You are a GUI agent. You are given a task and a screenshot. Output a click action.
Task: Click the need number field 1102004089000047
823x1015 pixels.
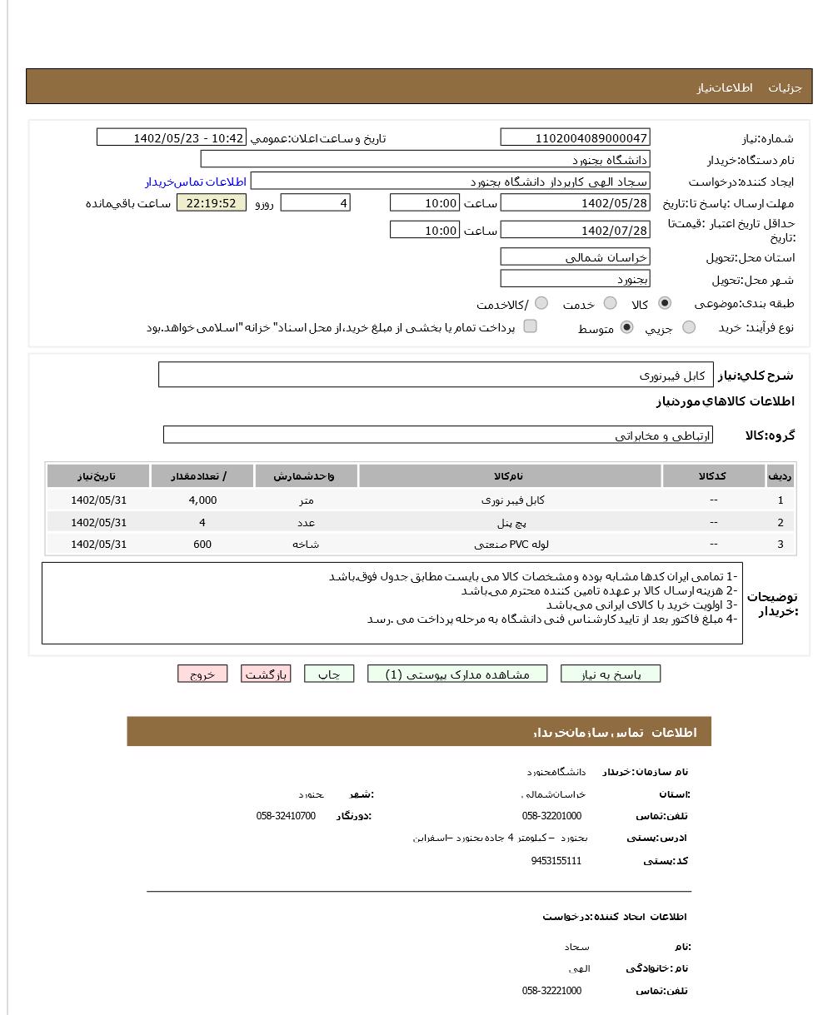(575, 138)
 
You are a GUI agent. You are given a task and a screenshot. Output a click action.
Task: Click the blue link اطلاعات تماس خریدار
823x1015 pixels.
(196, 182)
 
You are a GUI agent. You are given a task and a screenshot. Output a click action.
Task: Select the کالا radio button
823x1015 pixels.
(665, 303)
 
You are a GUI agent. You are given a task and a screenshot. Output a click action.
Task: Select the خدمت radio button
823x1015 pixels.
(611, 303)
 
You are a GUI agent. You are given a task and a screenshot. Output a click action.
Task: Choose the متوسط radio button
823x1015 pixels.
(627, 327)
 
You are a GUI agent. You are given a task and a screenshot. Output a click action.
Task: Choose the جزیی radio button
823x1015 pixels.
(689, 327)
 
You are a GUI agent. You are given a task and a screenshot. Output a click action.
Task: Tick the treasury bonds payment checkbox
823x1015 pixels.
(530, 326)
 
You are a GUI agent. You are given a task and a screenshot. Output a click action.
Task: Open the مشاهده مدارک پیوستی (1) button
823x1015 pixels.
(457, 674)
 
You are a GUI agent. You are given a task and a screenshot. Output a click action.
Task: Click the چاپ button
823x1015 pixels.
(329, 674)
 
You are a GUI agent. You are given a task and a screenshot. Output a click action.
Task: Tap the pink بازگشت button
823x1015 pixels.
(266, 674)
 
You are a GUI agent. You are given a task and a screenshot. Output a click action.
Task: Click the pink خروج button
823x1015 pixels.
(202, 674)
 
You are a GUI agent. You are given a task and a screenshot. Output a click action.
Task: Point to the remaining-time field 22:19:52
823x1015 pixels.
(212, 203)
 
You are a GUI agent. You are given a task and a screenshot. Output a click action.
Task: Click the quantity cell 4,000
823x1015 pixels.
(202, 500)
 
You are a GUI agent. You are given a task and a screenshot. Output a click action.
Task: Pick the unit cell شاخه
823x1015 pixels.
(306, 545)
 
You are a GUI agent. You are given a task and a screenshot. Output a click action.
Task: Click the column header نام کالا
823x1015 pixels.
(509, 476)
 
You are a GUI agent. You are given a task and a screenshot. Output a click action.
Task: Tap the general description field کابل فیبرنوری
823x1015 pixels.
(436, 376)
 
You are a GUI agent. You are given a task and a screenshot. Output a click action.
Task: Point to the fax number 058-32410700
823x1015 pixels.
(286, 816)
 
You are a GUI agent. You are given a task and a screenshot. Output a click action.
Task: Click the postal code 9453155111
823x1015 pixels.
(556, 861)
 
